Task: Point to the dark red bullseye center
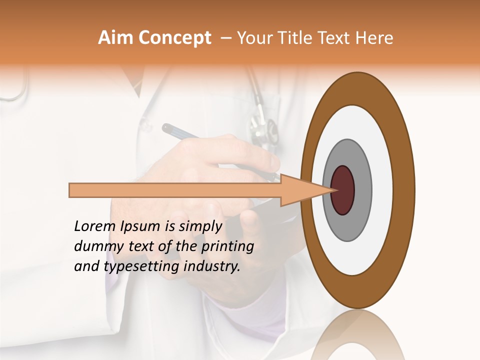[x=342, y=190]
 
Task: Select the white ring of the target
[x=382, y=190]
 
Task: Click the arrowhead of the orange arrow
[x=305, y=190]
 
